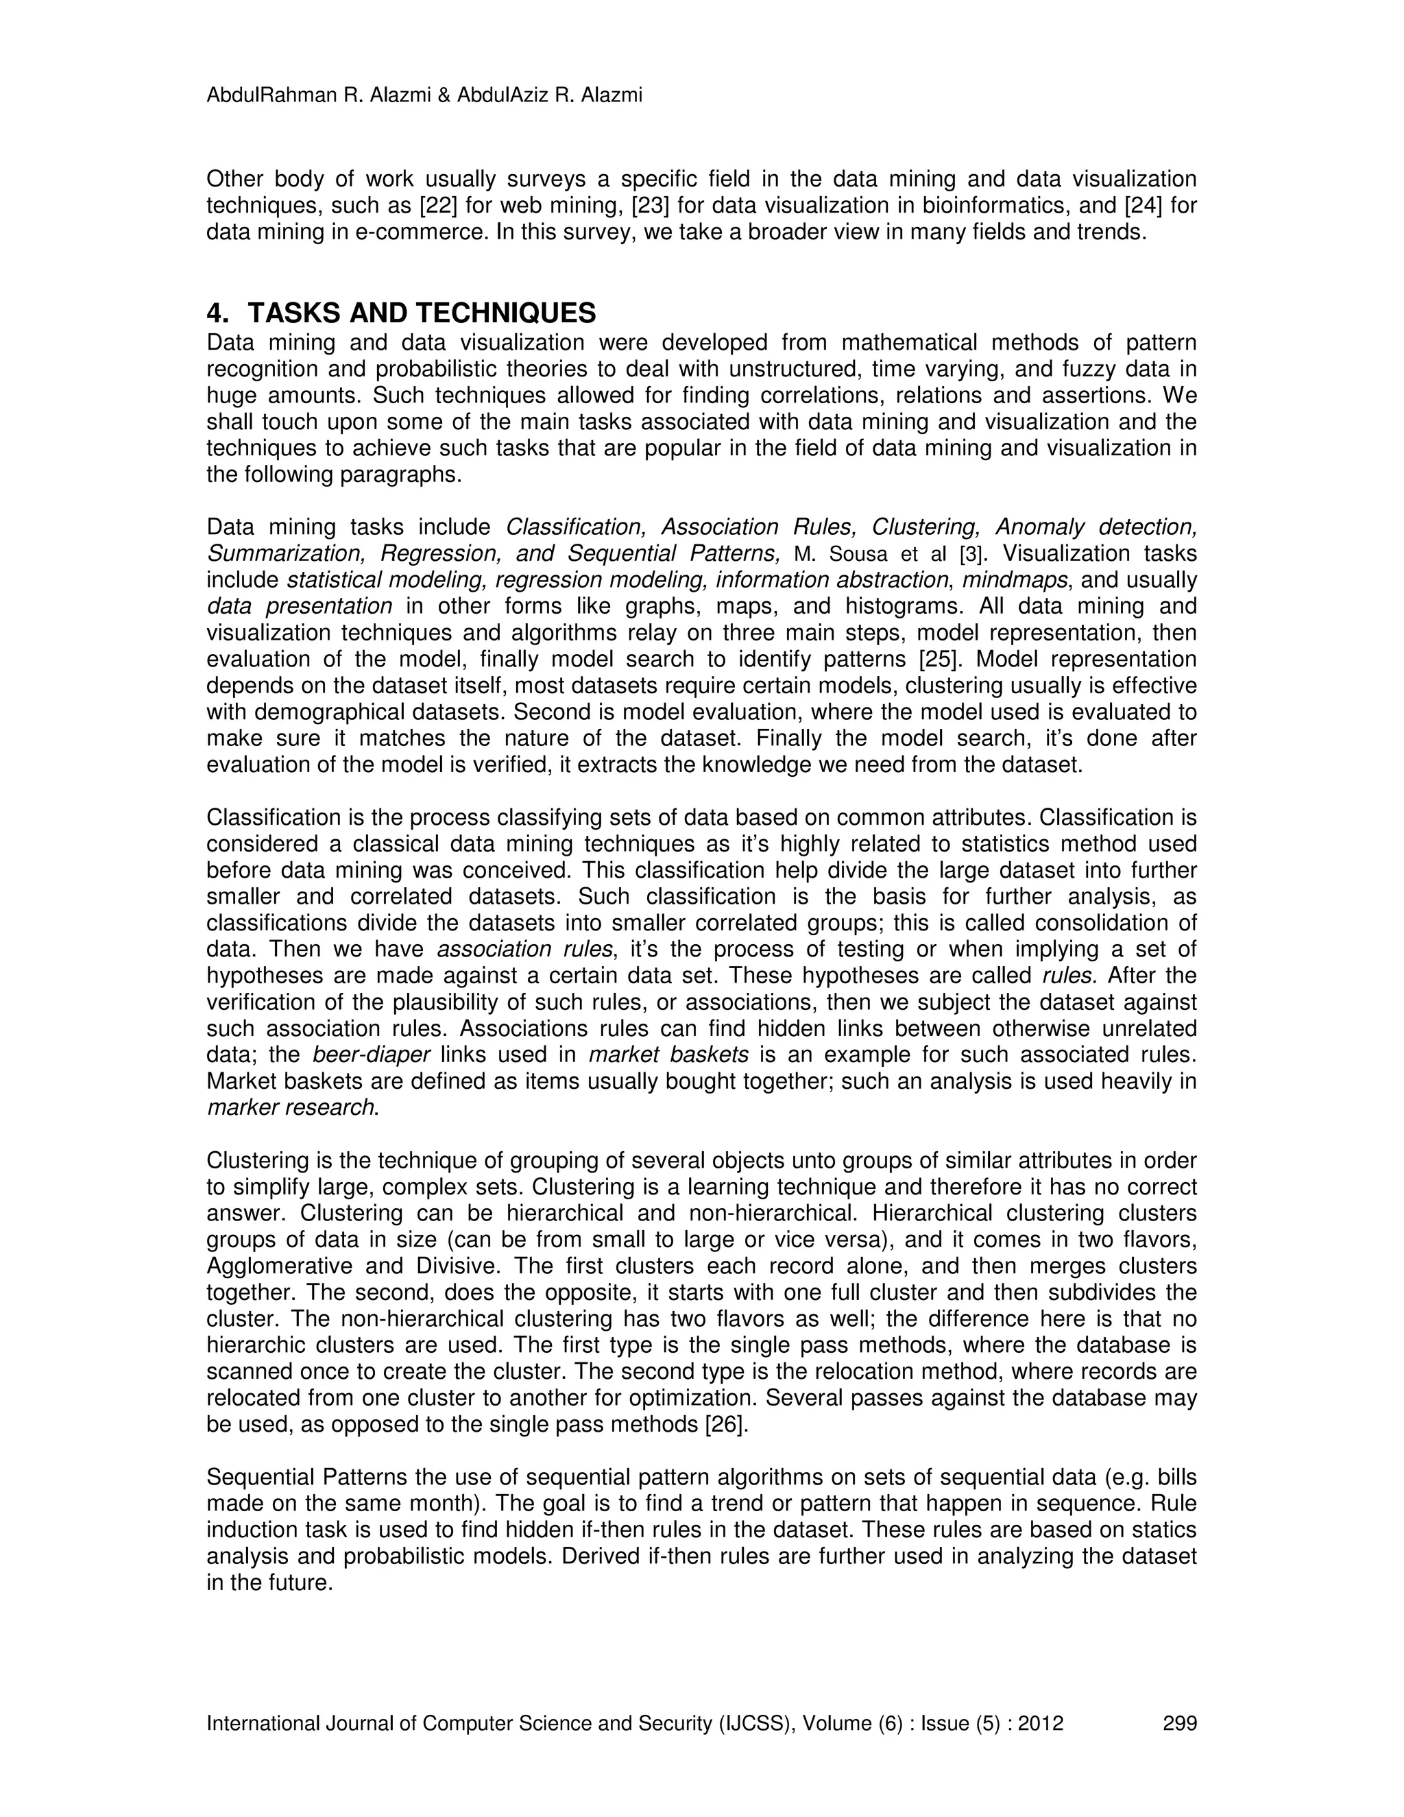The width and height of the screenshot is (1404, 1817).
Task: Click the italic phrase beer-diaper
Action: tap(371, 1055)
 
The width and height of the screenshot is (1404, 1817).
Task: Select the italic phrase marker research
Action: tap(290, 1108)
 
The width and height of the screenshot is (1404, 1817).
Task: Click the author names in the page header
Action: tap(424, 96)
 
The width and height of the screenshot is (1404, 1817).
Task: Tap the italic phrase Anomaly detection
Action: tap(1096, 527)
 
